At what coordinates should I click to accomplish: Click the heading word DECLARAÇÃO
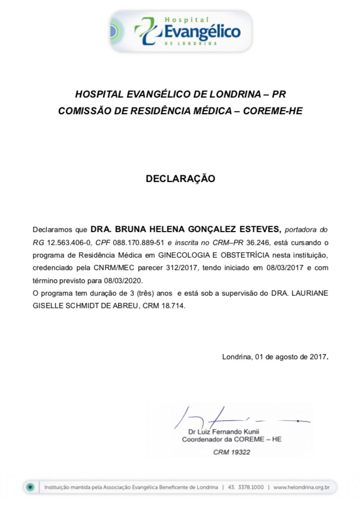coord(180,178)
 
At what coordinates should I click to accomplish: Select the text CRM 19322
coord(231,452)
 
